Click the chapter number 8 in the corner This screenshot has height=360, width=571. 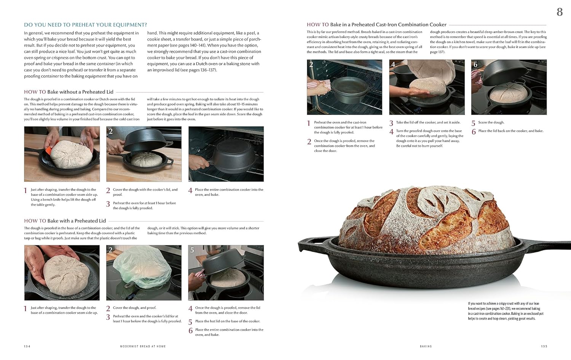click(559, 12)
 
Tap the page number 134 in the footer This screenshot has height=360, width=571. click(27, 346)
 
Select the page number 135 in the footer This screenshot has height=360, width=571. click(544, 346)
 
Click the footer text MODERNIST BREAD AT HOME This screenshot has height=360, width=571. click(143, 346)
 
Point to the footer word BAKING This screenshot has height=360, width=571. click(426, 346)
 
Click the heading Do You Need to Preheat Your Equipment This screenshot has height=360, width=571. click(85, 25)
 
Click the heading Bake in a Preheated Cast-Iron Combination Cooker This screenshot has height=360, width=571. click(376, 24)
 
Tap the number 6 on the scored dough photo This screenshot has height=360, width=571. click(475, 64)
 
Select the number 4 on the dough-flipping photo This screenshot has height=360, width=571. click(393, 64)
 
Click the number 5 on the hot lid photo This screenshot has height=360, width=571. click(192, 250)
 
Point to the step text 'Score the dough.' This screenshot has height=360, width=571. click(491, 123)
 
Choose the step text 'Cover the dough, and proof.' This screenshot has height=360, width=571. click(134, 308)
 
